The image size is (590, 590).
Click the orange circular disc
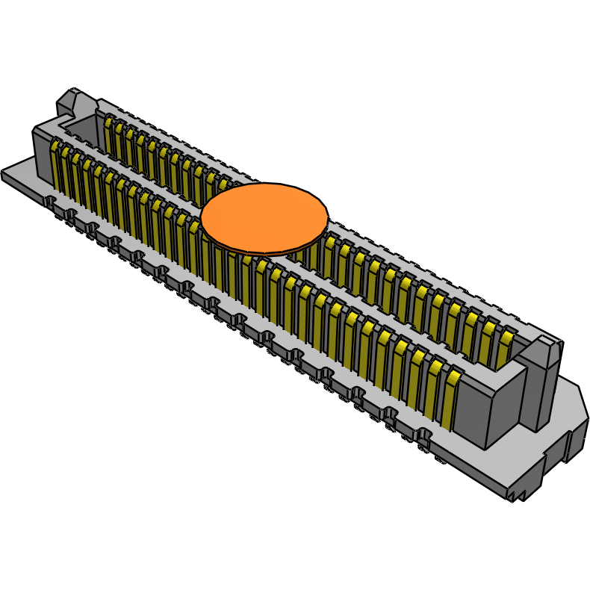(264, 216)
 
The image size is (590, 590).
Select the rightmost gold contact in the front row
(450, 400)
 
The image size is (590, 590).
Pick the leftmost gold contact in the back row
(109, 134)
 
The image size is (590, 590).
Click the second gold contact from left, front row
(66, 170)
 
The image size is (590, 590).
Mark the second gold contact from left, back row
(119, 140)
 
